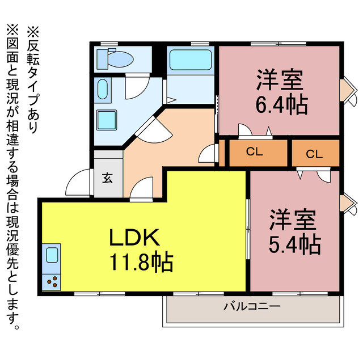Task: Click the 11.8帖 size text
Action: click(141, 261)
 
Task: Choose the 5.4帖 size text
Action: click(294, 244)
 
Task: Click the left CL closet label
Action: click(254, 151)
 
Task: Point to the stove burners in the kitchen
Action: click(51, 279)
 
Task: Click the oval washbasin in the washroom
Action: click(103, 90)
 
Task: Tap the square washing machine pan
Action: click(106, 120)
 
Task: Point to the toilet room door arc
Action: click(136, 85)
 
